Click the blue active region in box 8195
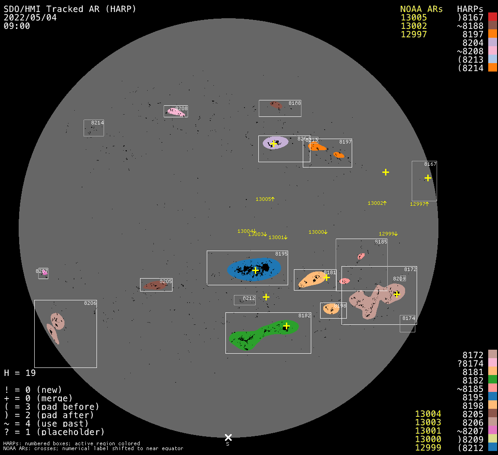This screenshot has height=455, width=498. [254, 269]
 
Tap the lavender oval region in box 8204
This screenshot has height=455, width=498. [275, 143]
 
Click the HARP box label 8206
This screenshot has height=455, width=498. [90, 303]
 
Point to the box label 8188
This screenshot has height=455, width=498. [294, 103]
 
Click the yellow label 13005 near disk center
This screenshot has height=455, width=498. [263, 199]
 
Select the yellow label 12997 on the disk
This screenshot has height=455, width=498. [418, 204]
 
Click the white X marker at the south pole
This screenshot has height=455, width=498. [228, 437]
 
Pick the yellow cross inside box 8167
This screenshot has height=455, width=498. [428, 178]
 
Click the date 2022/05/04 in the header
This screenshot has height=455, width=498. [30, 17]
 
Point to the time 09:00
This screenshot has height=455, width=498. [17, 26]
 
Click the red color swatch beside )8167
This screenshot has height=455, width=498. [492, 17]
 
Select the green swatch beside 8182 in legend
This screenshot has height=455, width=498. [492, 380]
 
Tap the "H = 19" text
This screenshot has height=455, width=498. [20, 372]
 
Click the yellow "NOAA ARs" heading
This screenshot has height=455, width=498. [421, 9]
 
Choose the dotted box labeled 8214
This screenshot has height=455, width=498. [93, 128]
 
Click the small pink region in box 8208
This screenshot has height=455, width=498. [176, 112]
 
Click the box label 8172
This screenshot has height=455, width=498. [410, 269]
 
